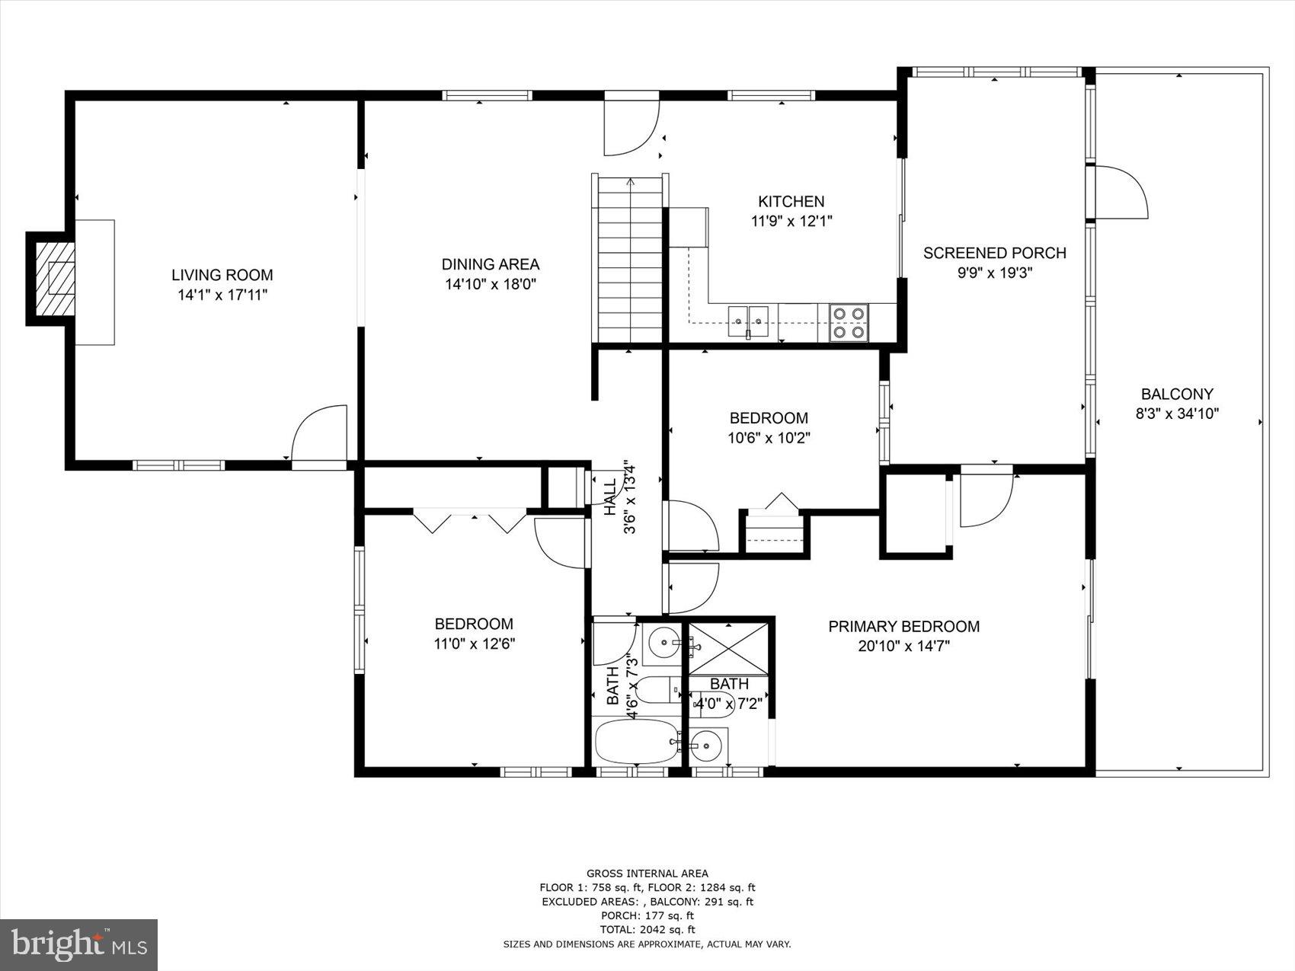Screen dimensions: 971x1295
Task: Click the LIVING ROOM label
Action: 222,275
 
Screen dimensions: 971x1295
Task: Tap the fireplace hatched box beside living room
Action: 56,279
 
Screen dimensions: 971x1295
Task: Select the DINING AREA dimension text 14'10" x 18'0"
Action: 491,284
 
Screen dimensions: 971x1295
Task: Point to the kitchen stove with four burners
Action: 849,322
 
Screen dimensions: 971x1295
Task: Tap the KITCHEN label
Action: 791,201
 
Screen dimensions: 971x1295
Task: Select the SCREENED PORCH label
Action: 994,253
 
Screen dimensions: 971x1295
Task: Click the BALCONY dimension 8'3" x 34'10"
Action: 1177,414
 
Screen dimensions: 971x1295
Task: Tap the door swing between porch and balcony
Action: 1120,192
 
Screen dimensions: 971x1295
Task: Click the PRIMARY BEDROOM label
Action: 903,626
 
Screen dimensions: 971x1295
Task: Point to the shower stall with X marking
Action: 728,648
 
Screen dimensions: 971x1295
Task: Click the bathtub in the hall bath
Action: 637,742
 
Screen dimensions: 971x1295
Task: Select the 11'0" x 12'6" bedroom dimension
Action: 474,644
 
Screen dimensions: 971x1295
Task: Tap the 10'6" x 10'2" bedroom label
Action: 769,418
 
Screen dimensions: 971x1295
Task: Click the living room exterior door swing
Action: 320,434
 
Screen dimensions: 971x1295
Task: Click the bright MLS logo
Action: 79,944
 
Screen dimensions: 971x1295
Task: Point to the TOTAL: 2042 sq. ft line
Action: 647,929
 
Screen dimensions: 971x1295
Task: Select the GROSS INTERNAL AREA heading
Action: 647,874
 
